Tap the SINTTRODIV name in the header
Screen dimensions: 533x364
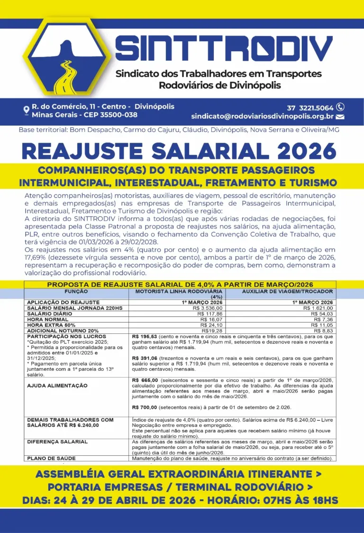click(x=224, y=47)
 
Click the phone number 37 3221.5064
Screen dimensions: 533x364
click(x=310, y=108)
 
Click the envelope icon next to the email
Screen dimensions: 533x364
click(x=340, y=117)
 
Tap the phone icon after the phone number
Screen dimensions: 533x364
click(x=340, y=107)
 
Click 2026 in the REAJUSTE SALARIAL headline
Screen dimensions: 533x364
click(x=307, y=151)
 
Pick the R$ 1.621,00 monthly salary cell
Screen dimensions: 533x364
click(x=319, y=308)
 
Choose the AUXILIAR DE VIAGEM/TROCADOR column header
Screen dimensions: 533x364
click(x=287, y=291)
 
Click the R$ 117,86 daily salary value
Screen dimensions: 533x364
click(x=209, y=313)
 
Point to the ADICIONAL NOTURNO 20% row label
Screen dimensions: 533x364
click(x=63, y=331)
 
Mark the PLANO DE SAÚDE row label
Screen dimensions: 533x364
click(x=51, y=459)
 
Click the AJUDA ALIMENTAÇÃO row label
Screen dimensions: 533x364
click(x=57, y=386)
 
